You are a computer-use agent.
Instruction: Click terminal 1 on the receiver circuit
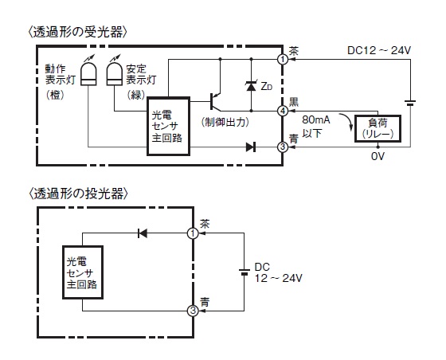283,60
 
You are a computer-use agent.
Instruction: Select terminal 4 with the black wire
283,111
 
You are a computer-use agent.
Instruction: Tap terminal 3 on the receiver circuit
283,147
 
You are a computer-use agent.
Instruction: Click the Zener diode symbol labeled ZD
251,86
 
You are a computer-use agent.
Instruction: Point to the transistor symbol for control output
215,101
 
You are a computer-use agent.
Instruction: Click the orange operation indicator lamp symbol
88,73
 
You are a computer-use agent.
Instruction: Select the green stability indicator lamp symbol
115,73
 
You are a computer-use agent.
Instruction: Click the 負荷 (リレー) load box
378,128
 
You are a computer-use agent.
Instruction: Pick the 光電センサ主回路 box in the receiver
168,127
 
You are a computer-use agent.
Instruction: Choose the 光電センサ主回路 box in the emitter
83,272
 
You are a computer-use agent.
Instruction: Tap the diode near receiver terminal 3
251,147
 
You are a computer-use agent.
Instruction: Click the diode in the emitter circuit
143,233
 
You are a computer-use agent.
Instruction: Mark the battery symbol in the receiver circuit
410,103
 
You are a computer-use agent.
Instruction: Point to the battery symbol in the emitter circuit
244,272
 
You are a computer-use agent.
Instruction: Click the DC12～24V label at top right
379,50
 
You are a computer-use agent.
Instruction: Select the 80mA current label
316,119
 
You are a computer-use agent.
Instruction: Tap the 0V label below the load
378,156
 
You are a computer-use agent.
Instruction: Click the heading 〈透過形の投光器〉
78,194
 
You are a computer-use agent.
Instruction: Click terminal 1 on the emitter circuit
193,233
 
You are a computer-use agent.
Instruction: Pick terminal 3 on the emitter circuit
193,311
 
